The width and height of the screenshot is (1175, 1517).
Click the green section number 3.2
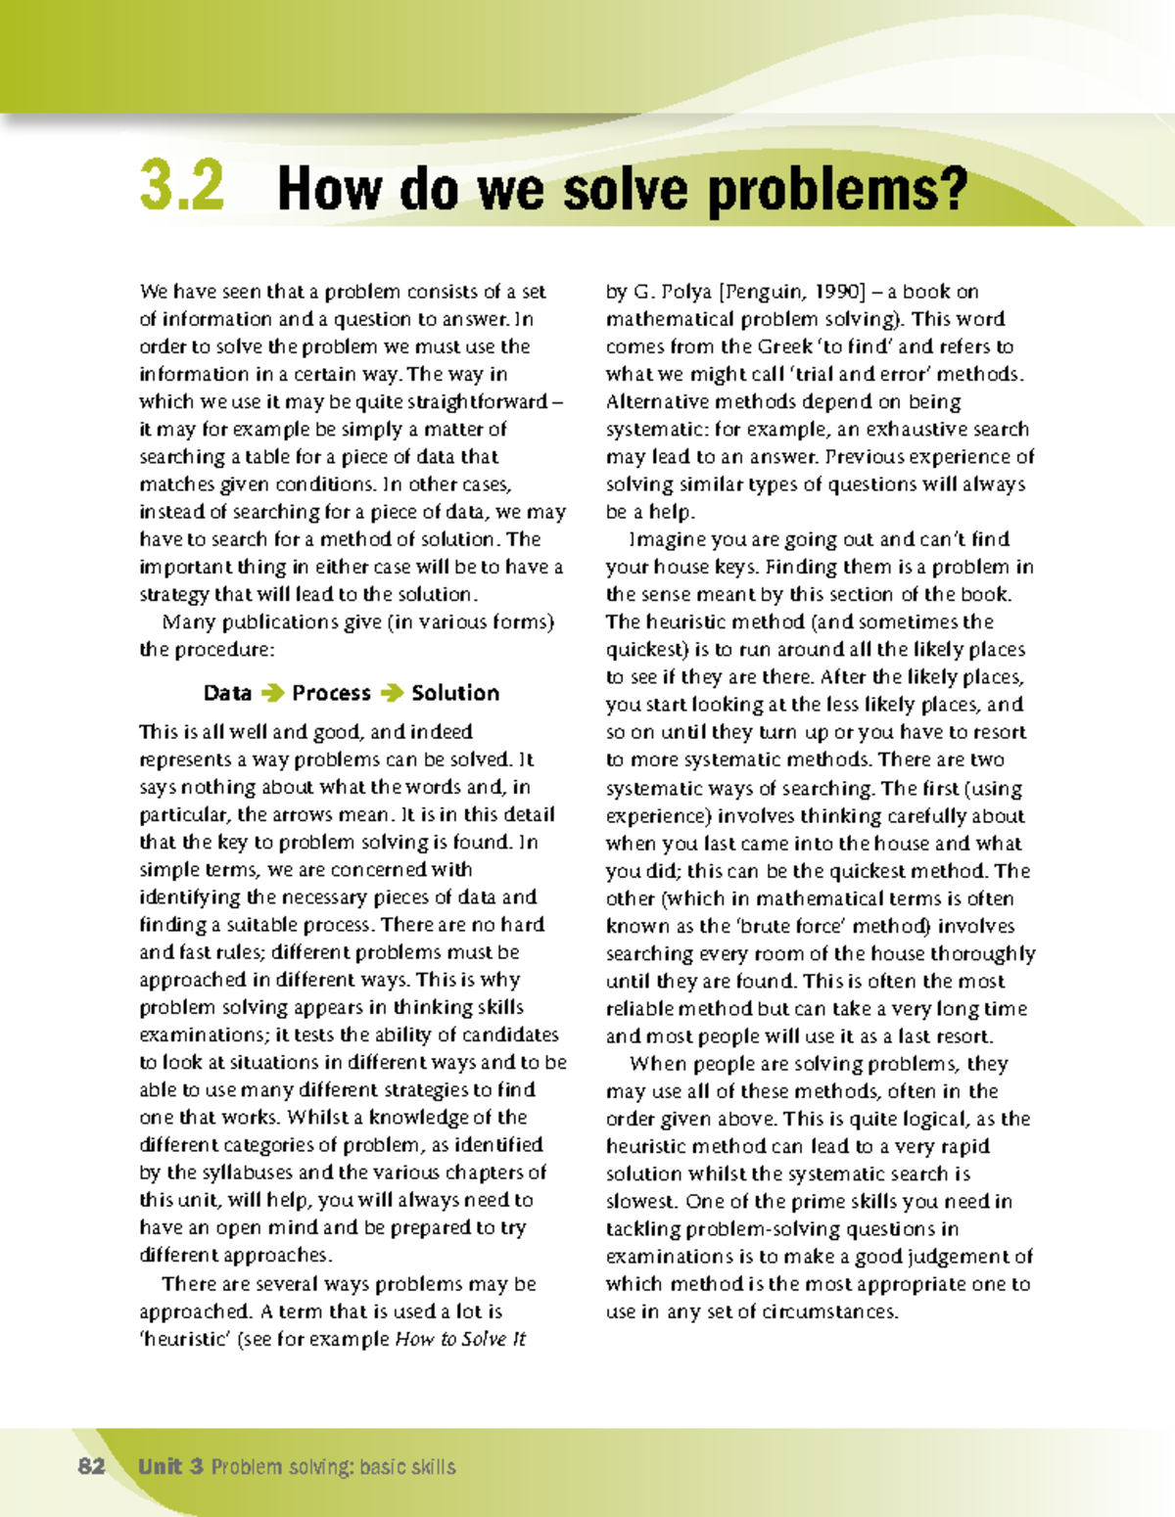(182, 186)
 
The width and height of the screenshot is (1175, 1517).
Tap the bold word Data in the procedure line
(227, 693)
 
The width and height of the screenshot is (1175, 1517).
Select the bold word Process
(331, 693)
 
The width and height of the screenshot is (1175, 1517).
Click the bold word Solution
(455, 693)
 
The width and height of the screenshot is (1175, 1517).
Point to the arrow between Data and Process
(272, 693)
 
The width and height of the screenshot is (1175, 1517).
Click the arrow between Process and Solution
(392, 693)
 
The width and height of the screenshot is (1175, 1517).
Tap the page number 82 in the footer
(91, 1466)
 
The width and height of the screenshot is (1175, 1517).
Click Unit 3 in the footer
(170, 1466)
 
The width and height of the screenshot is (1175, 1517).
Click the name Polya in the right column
(686, 292)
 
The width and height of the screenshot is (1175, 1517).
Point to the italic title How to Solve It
(460, 1339)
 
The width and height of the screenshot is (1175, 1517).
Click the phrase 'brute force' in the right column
(790, 926)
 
